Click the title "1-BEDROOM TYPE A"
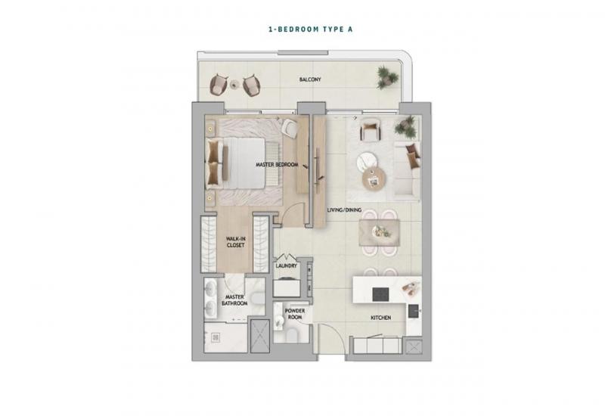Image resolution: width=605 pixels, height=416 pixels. (310, 29)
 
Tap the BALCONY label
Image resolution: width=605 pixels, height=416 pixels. (310, 79)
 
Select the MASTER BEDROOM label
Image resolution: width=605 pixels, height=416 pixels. (277, 165)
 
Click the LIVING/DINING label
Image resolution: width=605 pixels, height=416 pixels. (344, 210)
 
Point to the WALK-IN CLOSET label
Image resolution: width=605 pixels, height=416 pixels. (235, 242)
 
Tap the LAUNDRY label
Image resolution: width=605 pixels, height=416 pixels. (287, 266)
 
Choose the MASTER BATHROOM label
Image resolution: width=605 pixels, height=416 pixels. (234, 300)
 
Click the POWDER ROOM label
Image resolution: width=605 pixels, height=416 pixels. (295, 314)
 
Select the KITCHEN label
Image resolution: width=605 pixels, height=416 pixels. (381, 318)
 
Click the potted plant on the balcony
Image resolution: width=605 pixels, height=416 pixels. (387, 77)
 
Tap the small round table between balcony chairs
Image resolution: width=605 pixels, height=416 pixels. (234, 85)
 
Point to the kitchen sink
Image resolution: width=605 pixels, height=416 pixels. (414, 311)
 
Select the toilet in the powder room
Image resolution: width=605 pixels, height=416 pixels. (292, 336)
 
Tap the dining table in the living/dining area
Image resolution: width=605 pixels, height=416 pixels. (379, 232)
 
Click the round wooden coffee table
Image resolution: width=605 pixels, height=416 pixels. (374, 179)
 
